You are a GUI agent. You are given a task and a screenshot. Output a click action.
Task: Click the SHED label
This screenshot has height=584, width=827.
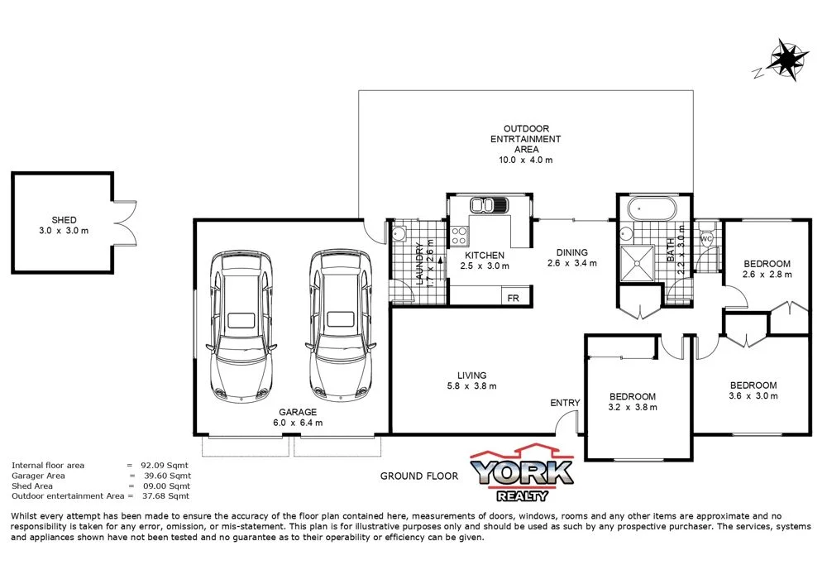(x=64, y=220)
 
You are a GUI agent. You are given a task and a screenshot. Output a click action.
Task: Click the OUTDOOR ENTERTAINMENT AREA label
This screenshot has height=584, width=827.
(x=526, y=144)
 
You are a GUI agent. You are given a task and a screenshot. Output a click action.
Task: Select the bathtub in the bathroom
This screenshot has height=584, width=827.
(x=651, y=208)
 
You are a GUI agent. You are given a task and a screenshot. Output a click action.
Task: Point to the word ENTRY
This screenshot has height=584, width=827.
(x=565, y=403)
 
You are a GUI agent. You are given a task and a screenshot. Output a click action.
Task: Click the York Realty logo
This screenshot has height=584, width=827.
(x=522, y=474)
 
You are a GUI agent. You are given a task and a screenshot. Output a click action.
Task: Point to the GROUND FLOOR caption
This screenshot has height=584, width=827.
(x=418, y=476)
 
